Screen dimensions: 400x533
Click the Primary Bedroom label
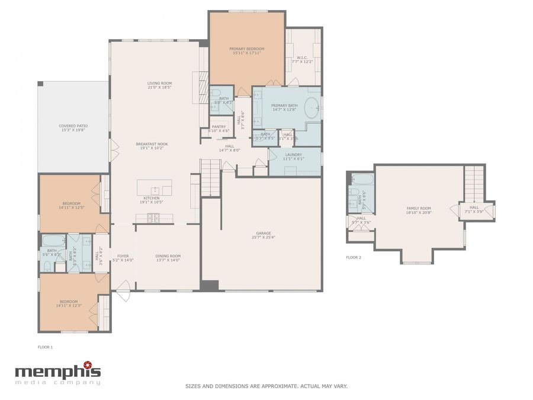247,49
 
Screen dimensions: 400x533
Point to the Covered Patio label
73,126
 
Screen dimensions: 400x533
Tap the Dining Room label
168,256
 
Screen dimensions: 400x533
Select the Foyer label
123,256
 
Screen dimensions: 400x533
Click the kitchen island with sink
155,188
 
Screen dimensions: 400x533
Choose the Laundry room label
293,155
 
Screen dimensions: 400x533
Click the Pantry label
218,126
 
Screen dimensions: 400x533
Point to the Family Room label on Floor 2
418,208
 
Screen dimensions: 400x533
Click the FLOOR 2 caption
354,257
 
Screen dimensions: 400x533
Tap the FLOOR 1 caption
45,346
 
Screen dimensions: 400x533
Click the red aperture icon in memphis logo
88,364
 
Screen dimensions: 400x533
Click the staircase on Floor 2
474,183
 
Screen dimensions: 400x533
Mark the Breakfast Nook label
152,144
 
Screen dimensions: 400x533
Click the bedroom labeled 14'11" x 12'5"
69,204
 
